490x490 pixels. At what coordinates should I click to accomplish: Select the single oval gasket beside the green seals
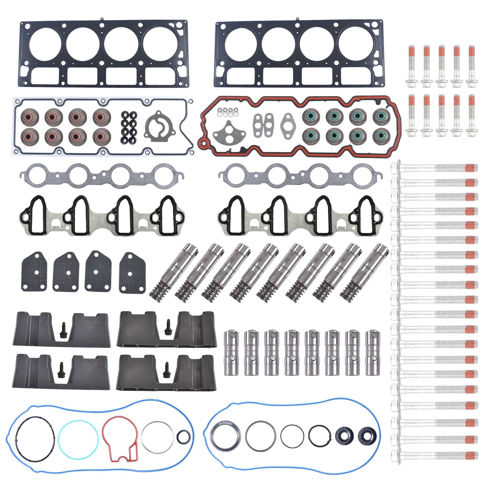click(x=288, y=122)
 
